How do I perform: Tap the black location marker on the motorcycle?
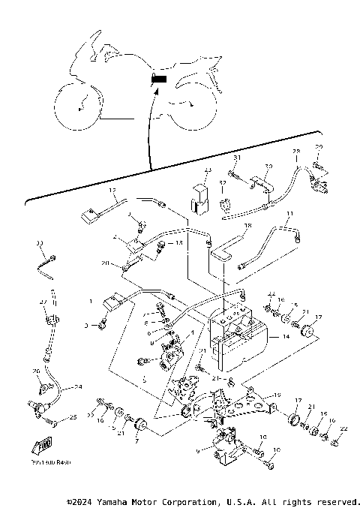(159, 78)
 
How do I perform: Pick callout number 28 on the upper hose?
(295, 152)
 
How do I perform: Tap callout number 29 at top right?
(319, 146)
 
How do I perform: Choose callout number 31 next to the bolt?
(236, 158)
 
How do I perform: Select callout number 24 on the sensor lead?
(76, 388)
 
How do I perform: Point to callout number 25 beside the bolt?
(72, 417)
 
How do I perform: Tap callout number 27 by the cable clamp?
(43, 302)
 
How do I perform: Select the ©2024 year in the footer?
(83, 501)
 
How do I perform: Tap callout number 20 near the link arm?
(106, 263)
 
